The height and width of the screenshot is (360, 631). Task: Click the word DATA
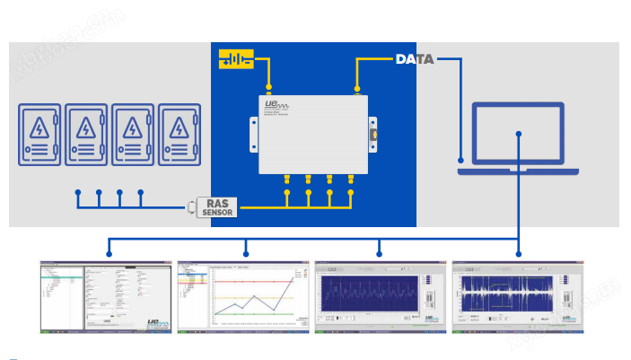pyautogui.click(x=415, y=60)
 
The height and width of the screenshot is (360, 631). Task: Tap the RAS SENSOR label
pyautogui.click(x=215, y=208)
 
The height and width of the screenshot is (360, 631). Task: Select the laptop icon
pyautogui.click(x=518, y=138)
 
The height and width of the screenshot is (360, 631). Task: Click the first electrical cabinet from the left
pyautogui.click(x=40, y=136)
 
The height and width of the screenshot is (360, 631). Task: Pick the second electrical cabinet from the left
pyautogui.click(x=87, y=136)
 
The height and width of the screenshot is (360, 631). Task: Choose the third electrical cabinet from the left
pyautogui.click(x=133, y=136)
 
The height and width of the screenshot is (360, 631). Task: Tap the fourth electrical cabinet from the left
pyautogui.click(x=180, y=136)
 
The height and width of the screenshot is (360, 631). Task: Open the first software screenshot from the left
pyautogui.click(x=107, y=297)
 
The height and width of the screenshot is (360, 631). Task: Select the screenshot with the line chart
pyautogui.click(x=244, y=297)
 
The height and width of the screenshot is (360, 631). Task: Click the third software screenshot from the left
pyautogui.click(x=381, y=297)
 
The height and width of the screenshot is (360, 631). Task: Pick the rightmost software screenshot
pyautogui.click(x=517, y=297)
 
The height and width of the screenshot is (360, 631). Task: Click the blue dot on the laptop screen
pyautogui.click(x=519, y=135)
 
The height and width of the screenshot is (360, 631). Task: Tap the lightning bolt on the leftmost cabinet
pyautogui.click(x=40, y=127)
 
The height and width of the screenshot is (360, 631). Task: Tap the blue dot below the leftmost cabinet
pyautogui.click(x=78, y=192)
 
